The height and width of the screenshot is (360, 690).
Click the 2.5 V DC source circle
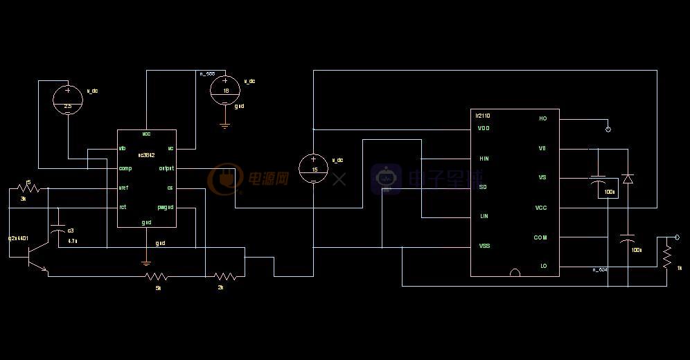click(x=68, y=99)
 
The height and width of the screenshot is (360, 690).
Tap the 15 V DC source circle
click(x=314, y=168)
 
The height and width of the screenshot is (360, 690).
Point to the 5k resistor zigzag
click(x=157, y=277)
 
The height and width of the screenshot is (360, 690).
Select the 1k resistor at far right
click(x=666, y=257)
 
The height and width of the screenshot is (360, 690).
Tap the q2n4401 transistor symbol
click(x=32, y=259)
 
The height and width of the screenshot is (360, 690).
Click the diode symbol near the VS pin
click(x=628, y=179)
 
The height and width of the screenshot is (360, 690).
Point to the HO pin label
click(x=542, y=118)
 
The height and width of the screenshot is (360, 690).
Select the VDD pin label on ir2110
click(x=484, y=128)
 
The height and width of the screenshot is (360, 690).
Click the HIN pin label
click(x=484, y=159)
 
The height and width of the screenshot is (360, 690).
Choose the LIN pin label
click(x=484, y=216)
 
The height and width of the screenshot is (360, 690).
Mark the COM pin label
click(x=540, y=237)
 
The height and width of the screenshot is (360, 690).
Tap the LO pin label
click(x=543, y=266)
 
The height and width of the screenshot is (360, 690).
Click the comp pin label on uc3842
click(x=125, y=168)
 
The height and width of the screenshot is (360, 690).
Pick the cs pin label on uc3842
click(x=170, y=188)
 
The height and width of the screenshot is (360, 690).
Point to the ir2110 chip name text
click(x=483, y=116)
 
